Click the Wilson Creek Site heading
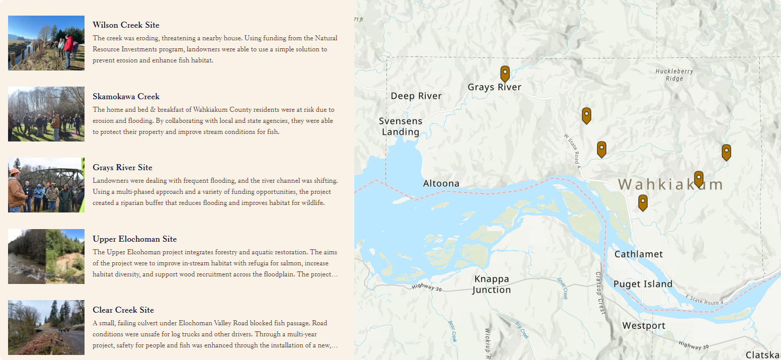(126, 25)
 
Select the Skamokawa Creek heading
(126, 97)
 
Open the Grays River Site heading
(122, 168)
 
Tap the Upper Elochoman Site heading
(134, 239)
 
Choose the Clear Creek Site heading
(123, 310)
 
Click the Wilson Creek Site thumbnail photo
(46, 43)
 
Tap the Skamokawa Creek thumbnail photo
(46, 114)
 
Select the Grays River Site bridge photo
(46, 185)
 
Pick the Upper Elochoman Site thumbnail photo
(46, 256)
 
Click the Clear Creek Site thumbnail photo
(46, 327)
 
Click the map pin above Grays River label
(505, 74)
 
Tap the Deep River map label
(416, 96)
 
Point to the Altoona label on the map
(441, 184)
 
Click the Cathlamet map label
(639, 254)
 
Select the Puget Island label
(643, 284)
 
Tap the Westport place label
(644, 326)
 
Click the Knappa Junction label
(492, 284)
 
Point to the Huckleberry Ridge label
(674, 75)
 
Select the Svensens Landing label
(401, 126)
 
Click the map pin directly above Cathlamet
(643, 202)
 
